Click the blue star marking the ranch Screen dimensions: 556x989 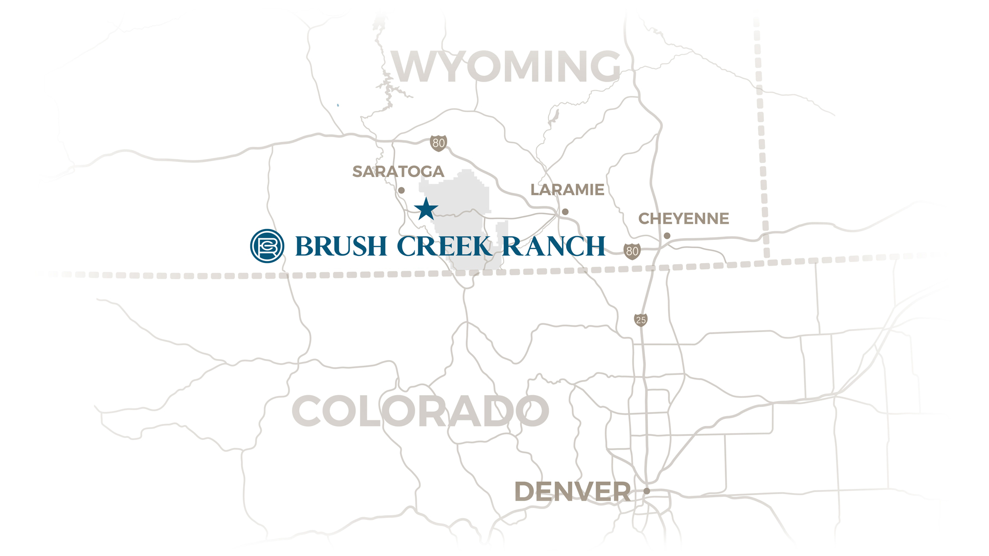click(x=426, y=209)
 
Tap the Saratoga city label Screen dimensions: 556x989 click(x=398, y=171)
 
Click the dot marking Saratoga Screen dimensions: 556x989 click(x=401, y=190)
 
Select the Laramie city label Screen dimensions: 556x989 click(x=567, y=190)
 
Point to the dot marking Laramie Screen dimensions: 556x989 click(x=565, y=211)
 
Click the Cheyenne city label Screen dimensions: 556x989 click(x=684, y=219)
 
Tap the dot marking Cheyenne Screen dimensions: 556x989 click(x=667, y=236)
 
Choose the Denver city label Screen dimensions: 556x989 click(x=572, y=492)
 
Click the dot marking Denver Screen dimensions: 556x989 click(x=646, y=491)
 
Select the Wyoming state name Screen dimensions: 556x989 click(x=506, y=67)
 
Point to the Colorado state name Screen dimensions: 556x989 click(x=420, y=411)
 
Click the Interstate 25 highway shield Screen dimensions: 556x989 click(x=641, y=320)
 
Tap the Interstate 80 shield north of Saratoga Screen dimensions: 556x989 click(x=438, y=143)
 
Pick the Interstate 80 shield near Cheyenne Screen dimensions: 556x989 click(x=632, y=251)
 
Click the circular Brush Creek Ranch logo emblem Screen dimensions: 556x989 click(x=267, y=246)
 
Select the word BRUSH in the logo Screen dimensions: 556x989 click(x=341, y=247)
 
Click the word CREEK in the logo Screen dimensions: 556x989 click(x=445, y=247)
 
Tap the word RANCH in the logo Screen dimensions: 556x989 click(x=554, y=247)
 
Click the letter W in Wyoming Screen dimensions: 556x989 click(x=414, y=67)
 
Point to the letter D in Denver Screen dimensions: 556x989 click(x=526, y=492)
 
